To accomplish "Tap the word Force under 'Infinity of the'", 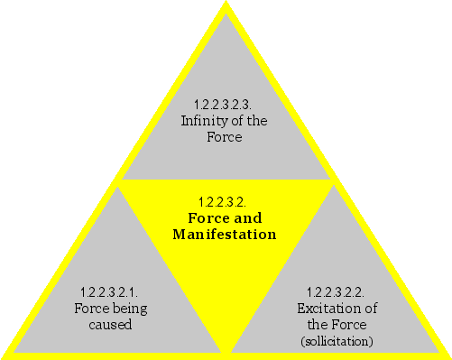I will coord(225,138).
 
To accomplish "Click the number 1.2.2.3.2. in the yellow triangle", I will coord(224,200).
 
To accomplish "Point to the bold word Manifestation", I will coord(224,235).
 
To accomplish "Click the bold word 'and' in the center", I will coord(250,217).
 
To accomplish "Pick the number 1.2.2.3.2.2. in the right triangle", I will coord(335,291).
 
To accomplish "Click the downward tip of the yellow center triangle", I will coord(225,350).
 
